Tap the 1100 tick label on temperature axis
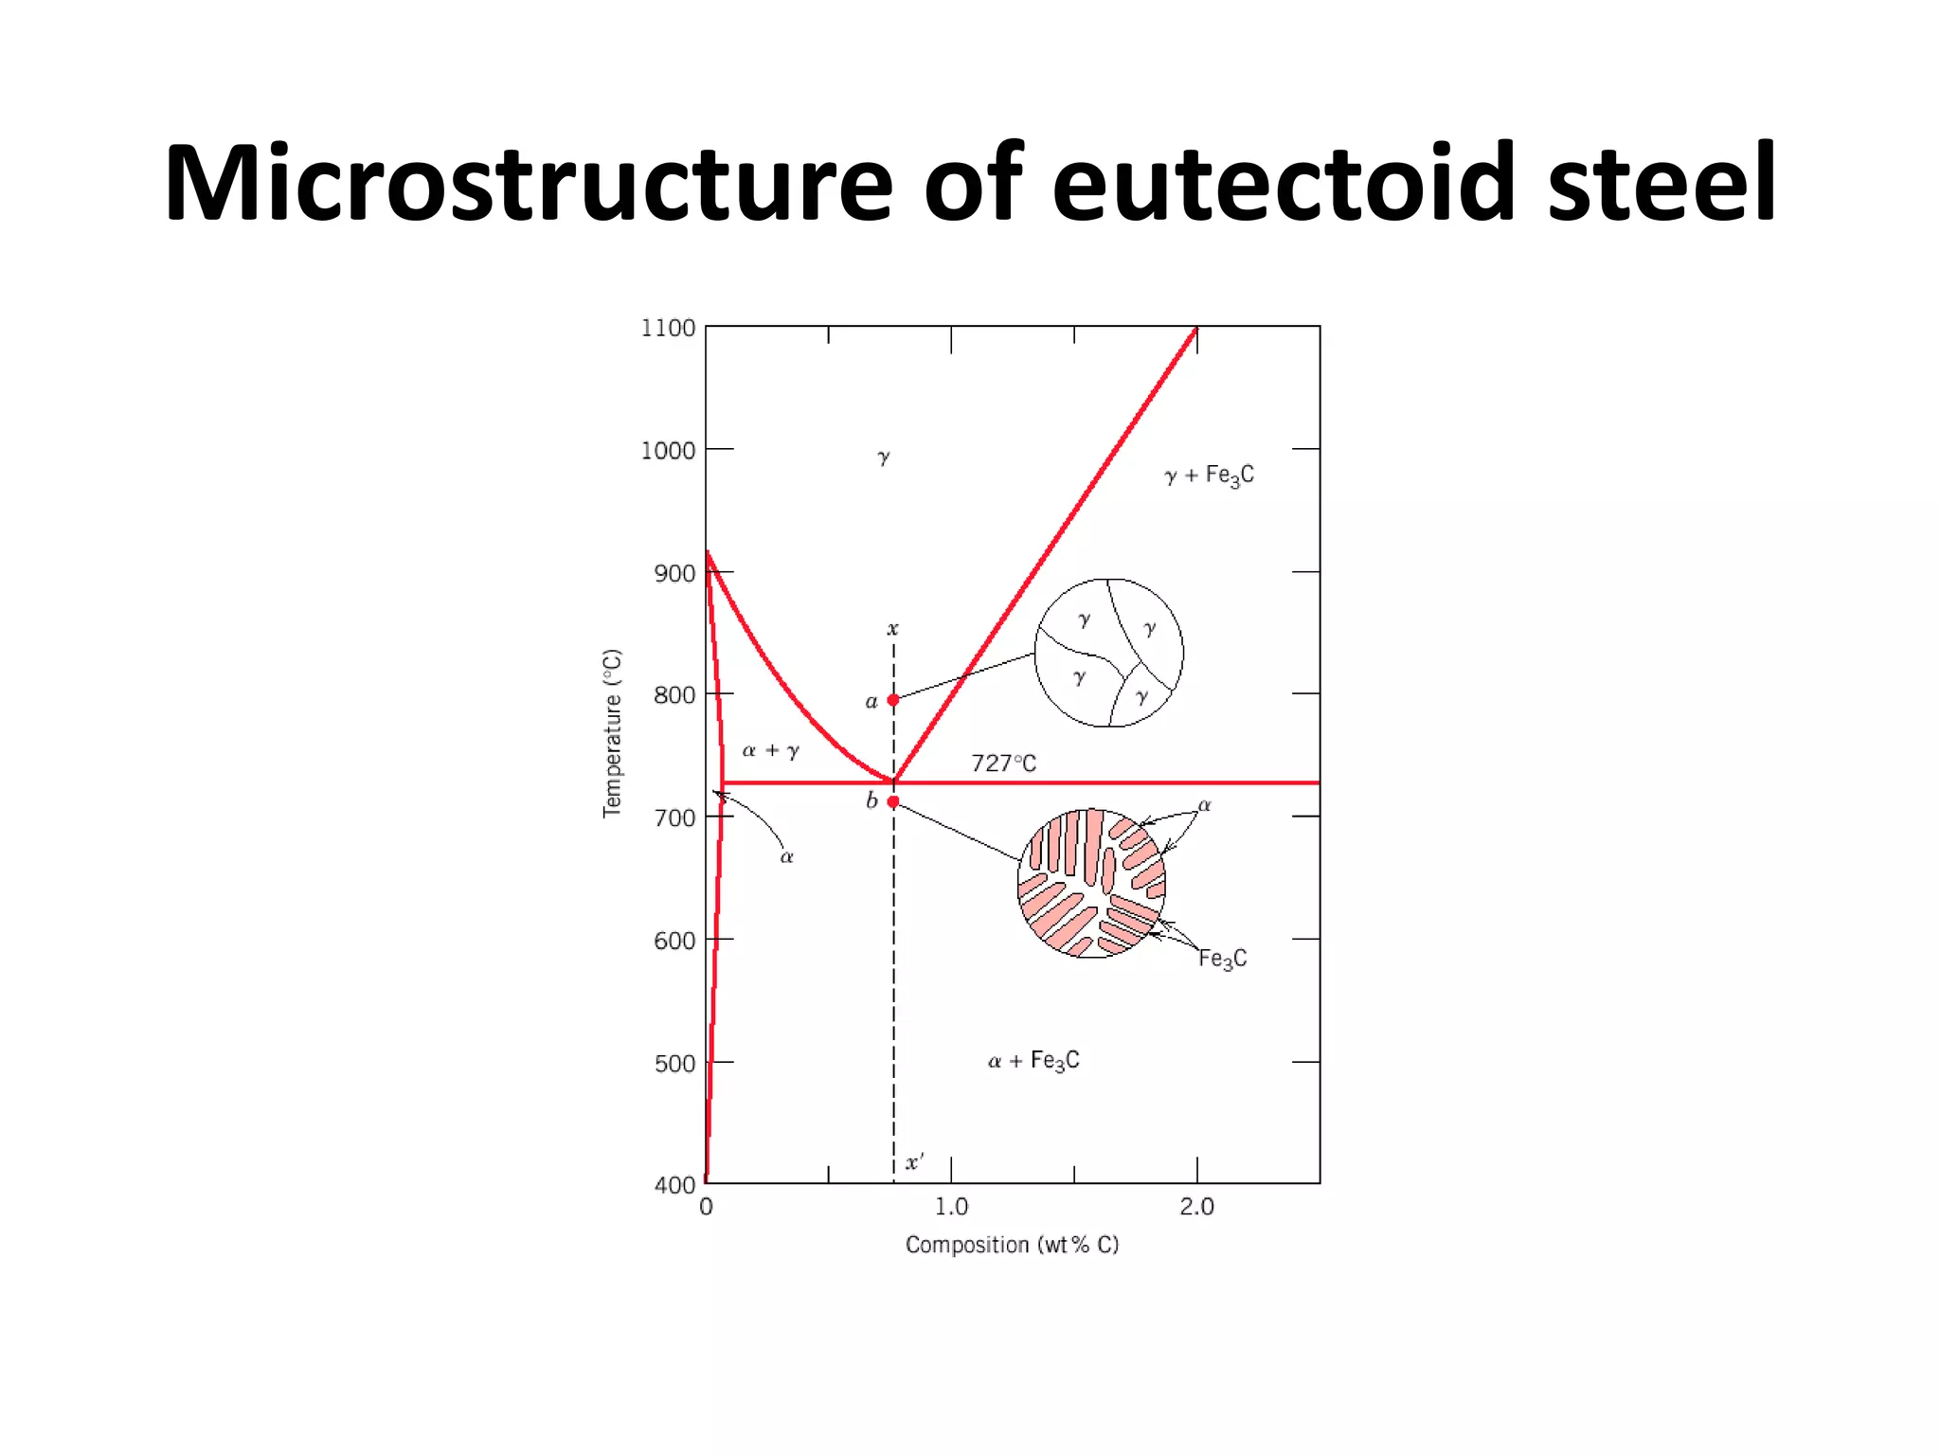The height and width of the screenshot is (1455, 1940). [x=668, y=328]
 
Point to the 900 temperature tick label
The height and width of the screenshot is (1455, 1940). [x=674, y=573]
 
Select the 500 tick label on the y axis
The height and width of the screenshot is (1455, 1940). [x=674, y=1064]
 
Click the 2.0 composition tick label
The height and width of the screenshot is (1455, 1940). [x=1196, y=1207]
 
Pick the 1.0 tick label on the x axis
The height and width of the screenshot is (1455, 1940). [x=951, y=1207]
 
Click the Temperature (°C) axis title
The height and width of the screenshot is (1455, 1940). [x=613, y=733]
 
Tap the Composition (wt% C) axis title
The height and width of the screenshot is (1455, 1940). [x=1012, y=1245]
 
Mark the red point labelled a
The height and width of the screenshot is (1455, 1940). [x=893, y=700]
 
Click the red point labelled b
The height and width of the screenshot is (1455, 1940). [x=893, y=801]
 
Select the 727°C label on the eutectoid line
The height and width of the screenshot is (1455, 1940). [x=1003, y=763]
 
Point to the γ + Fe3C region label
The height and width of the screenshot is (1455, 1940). [x=1209, y=476]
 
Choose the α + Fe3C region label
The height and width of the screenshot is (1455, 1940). [x=1033, y=1061]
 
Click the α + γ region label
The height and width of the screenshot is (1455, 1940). [x=770, y=751]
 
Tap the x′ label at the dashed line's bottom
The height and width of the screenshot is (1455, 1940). [x=914, y=1162]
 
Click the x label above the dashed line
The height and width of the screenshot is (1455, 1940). [x=892, y=629]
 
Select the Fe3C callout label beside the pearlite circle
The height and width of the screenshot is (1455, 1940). [x=1222, y=959]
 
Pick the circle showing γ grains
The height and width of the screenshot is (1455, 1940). [x=1108, y=653]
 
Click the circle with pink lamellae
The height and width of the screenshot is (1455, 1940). [x=1091, y=883]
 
